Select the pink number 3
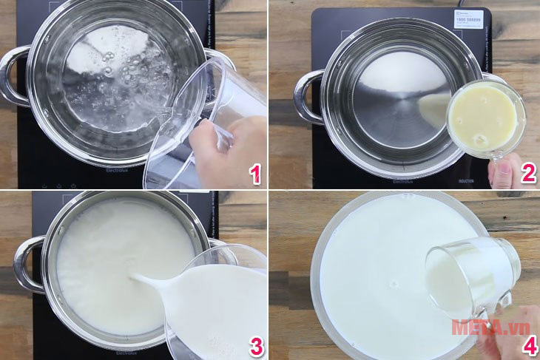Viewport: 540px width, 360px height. [x=255, y=345]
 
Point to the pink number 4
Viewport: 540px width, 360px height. [x=527, y=346]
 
